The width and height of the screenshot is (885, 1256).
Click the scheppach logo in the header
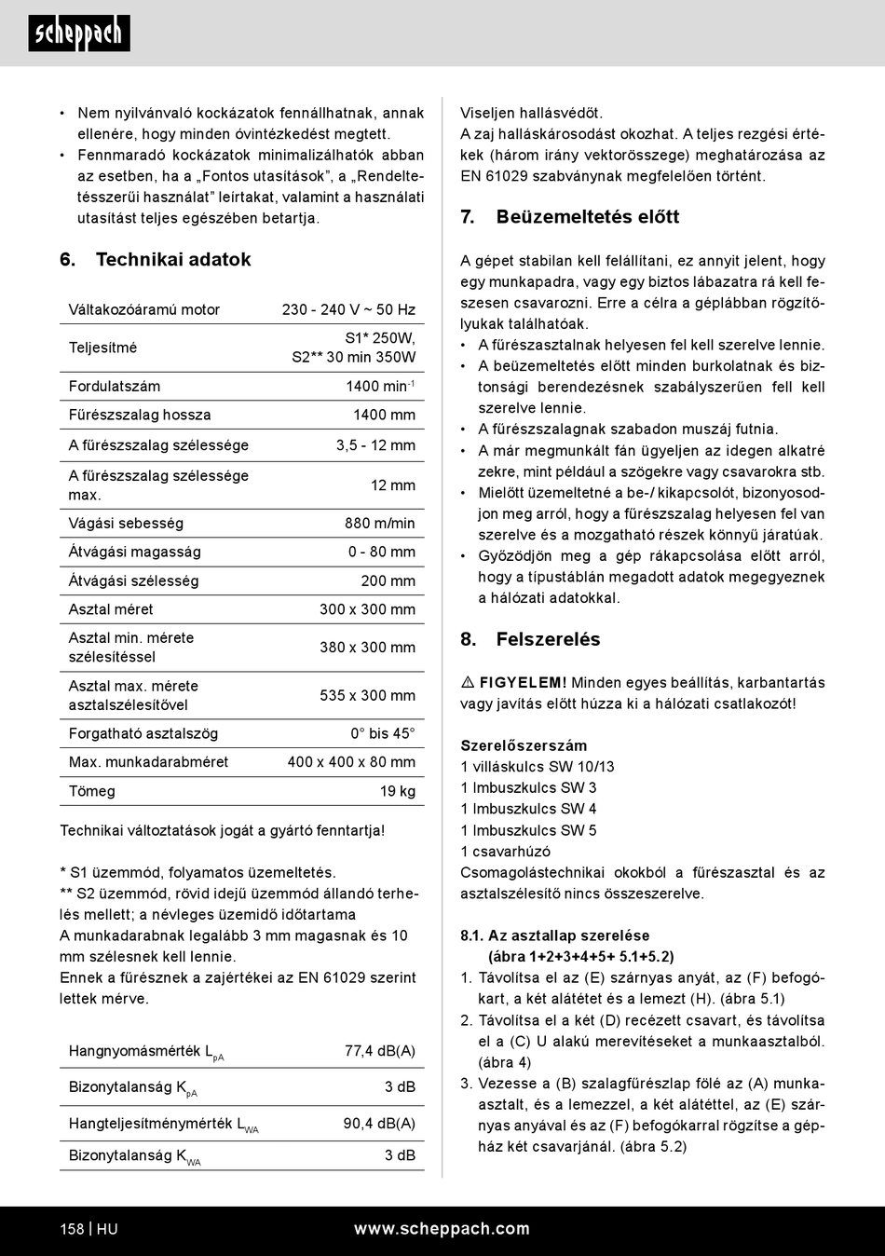tap(78, 34)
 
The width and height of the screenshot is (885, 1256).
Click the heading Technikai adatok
tap(173, 260)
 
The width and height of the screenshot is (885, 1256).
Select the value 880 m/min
tap(379, 524)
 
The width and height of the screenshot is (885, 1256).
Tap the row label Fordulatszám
tap(115, 387)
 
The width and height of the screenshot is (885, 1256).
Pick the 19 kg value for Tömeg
tap(398, 791)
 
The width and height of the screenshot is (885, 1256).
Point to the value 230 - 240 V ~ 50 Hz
tap(348, 310)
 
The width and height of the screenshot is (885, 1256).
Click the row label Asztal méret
tap(111, 609)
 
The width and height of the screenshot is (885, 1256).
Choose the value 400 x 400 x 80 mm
tap(351, 762)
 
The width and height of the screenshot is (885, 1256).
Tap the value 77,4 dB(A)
tap(379, 1051)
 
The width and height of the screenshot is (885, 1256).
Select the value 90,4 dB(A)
tap(379, 1124)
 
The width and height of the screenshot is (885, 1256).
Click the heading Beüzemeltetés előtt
tap(587, 217)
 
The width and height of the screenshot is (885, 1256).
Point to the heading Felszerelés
tap(548, 640)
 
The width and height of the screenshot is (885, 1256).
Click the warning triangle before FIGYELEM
tap(468, 683)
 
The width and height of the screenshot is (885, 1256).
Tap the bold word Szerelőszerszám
tap(524, 745)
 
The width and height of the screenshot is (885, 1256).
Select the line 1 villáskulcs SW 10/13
tap(538, 767)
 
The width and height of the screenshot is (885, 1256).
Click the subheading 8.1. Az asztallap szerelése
tap(555, 935)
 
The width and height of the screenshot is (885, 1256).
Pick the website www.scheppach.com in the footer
tap(442, 1229)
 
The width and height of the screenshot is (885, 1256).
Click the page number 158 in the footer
tap(72, 1229)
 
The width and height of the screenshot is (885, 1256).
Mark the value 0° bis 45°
tap(382, 734)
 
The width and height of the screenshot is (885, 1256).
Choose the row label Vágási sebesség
tap(126, 524)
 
